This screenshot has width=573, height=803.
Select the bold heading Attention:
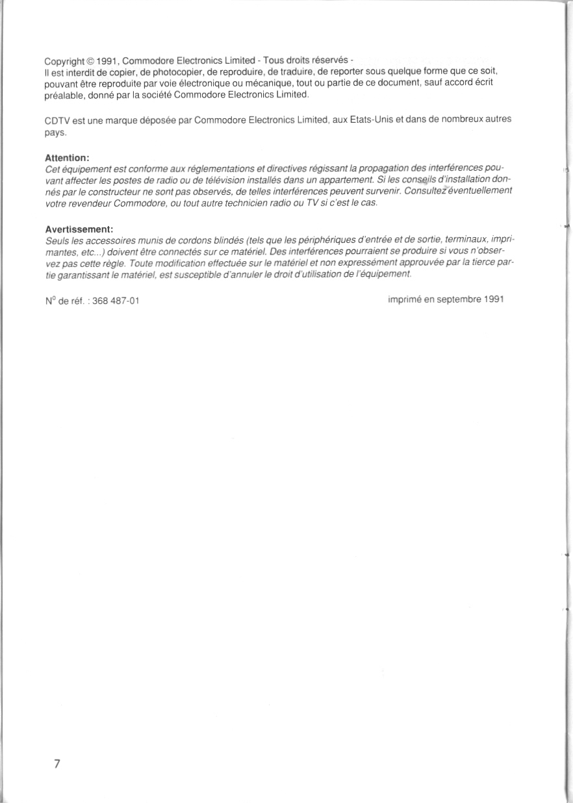67,158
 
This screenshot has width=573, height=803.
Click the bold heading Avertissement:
79,229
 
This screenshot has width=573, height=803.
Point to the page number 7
57,763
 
